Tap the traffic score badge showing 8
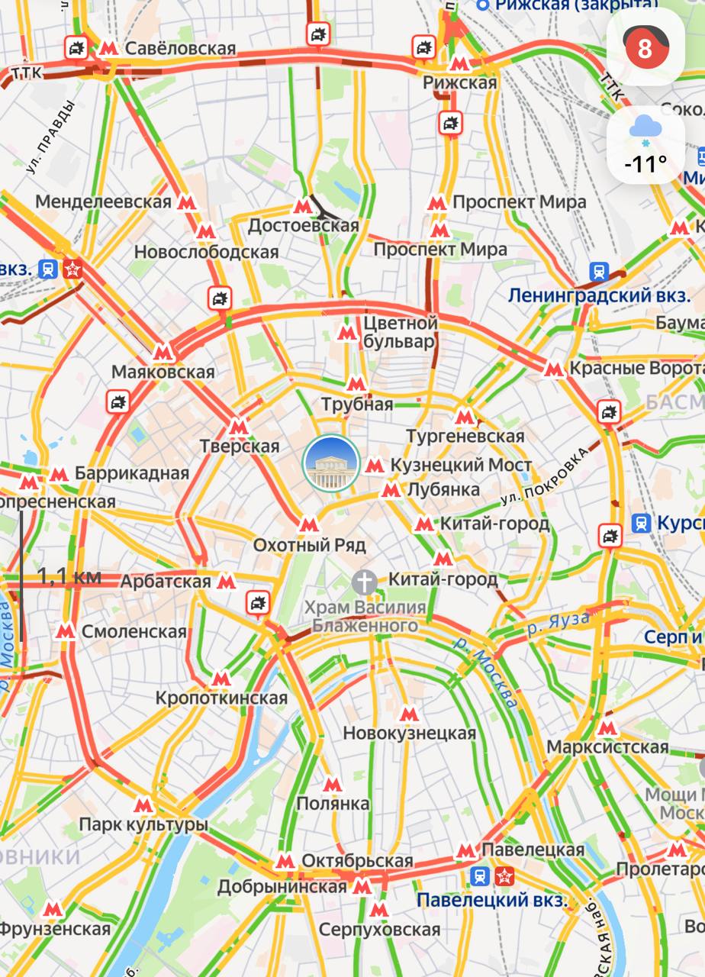pyautogui.click(x=645, y=47)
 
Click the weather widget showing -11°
pyautogui.click(x=645, y=145)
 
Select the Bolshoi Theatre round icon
pyautogui.click(x=331, y=463)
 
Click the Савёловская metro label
pyautogui.click(x=180, y=49)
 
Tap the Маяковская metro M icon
pyautogui.click(x=163, y=353)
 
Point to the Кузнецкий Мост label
pyautogui.click(x=460, y=465)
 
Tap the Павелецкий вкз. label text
pyautogui.click(x=491, y=900)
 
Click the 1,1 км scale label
pyautogui.click(x=69, y=576)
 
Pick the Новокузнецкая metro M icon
pyautogui.click(x=409, y=714)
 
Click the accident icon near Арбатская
pyautogui.click(x=259, y=603)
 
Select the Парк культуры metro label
pyautogui.click(x=143, y=825)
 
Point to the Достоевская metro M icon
pyautogui.click(x=303, y=205)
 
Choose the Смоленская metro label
pyautogui.click(x=134, y=631)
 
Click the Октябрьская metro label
pyautogui.click(x=356, y=861)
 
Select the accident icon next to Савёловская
pyautogui.click(x=76, y=48)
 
